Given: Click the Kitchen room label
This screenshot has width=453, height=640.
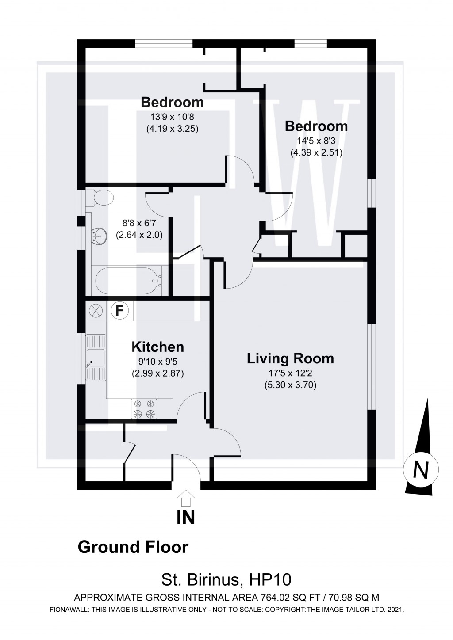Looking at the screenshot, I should click(157, 347).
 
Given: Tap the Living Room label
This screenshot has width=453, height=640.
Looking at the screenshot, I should click(290, 358).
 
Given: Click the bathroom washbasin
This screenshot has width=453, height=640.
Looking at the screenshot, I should click(100, 236).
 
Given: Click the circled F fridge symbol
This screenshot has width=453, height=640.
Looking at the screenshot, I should click(119, 310).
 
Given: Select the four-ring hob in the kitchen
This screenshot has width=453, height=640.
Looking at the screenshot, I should click(144, 409).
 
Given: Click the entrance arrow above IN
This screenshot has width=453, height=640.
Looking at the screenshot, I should click(186, 498).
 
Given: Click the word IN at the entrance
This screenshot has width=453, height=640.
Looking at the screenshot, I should click(186, 518).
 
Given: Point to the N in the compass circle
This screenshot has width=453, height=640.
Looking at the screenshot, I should click(421, 470).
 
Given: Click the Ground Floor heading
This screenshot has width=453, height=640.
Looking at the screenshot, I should click(133, 547).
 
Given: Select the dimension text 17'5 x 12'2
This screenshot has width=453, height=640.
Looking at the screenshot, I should click(290, 374).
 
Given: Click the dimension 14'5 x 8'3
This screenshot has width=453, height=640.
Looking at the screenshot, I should click(316, 142).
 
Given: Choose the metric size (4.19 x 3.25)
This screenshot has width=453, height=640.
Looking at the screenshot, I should click(172, 130).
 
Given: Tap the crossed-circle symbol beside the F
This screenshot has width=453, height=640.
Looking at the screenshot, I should click(96, 310).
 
